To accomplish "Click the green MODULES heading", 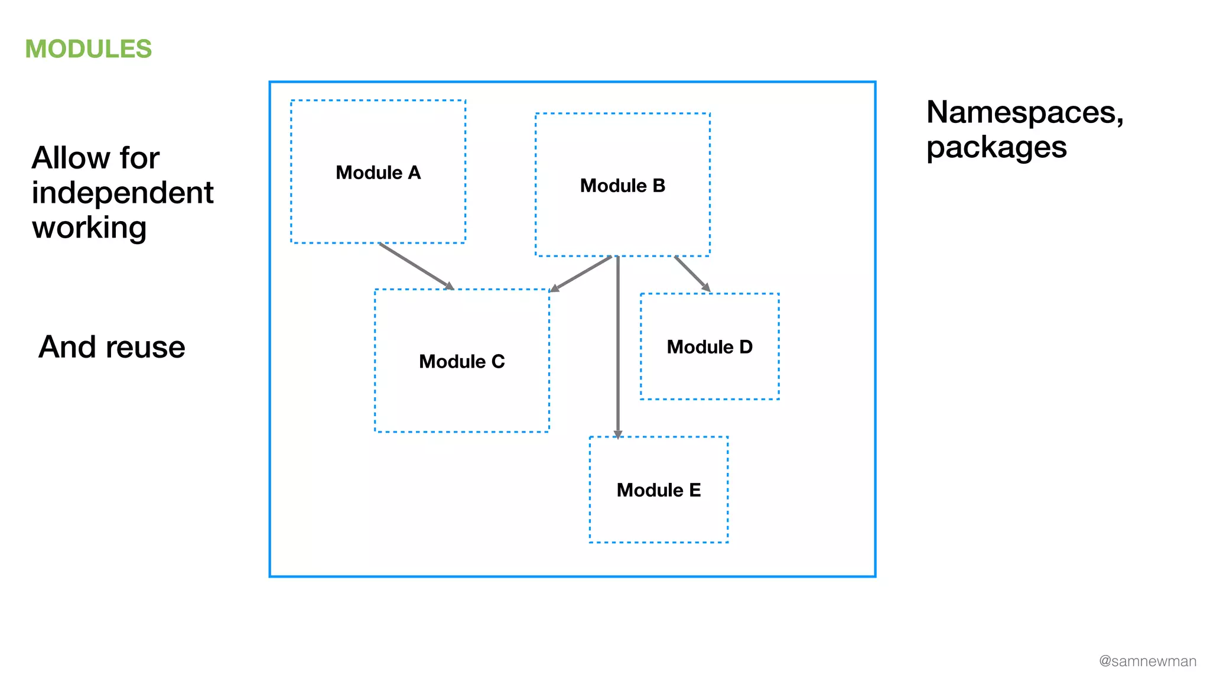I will pyautogui.click(x=89, y=49).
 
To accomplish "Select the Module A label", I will pyautogui.click(x=378, y=173).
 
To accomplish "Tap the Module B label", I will pyautogui.click(x=623, y=186).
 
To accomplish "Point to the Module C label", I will pyautogui.click(x=462, y=361).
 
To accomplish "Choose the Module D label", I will pyautogui.click(x=710, y=347).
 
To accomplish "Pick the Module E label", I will pyautogui.click(x=659, y=490).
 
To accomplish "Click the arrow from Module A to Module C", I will pyautogui.click(x=415, y=265).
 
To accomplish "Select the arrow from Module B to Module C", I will pyautogui.click(x=581, y=274).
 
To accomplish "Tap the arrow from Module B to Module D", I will pyautogui.click(x=691, y=273).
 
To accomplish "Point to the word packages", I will pyautogui.click(x=996, y=148).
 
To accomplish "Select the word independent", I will pyautogui.click(x=122, y=193).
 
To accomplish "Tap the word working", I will pyautogui.click(x=89, y=228).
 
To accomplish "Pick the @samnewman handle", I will pyautogui.click(x=1147, y=661).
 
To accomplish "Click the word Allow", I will pyautogui.click(x=71, y=158).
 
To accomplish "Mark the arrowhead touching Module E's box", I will pyautogui.click(x=618, y=434).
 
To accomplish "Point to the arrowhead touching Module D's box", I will pyautogui.click(x=706, y=288).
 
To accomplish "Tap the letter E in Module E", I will pyautogui.click(x=695, y=490).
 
